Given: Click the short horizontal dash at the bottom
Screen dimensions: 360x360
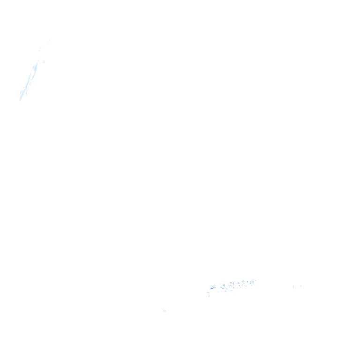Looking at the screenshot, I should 165,311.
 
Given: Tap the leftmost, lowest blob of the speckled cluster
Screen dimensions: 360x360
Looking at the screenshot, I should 208,294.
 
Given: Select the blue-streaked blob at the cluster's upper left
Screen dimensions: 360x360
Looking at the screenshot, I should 213,286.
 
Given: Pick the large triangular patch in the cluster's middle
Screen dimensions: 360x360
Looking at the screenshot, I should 231,285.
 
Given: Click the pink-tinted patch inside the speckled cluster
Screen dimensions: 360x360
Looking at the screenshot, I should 223,288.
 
